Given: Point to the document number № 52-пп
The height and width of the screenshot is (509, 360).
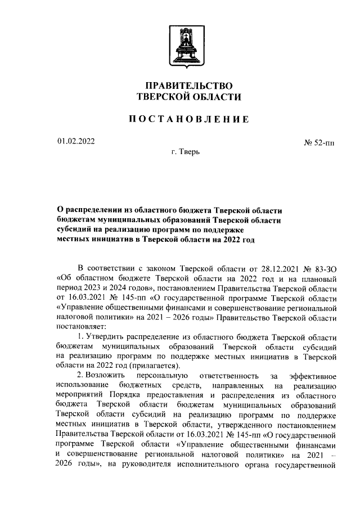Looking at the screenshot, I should click(x=318, y=143).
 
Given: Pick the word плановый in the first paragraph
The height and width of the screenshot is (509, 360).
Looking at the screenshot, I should click(x=319, y=277).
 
